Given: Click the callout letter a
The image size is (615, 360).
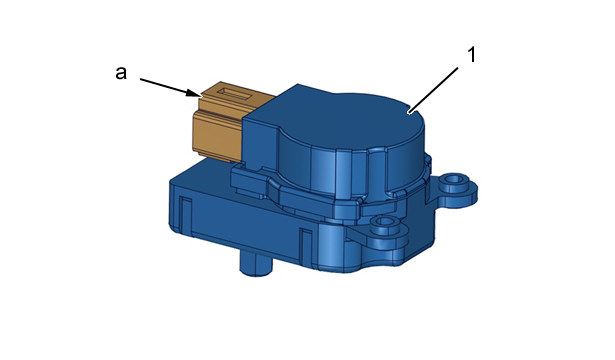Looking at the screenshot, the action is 121,73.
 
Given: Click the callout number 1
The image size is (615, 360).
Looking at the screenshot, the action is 472,55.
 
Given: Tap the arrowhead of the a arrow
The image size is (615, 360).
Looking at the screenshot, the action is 194,93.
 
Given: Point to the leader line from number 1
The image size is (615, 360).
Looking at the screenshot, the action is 433,91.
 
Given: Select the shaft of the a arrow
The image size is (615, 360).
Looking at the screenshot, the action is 164,86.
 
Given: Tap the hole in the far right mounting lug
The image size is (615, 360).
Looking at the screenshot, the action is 455,180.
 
